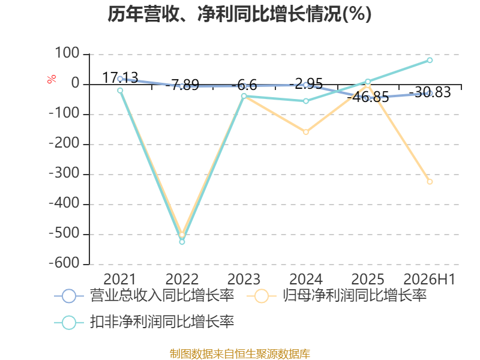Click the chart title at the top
pyautogui.click(x=239, y=14)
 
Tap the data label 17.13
pyautogui.click(x=120, y=78)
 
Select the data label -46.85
pyautogui.click(x=368, y=97)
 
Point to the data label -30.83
pyautogui.click(x=430, y=92)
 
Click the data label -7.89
pyautogui.click(x=182, y=85)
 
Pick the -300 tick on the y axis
pyautogui.click(x=64, y=173)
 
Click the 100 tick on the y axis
pyautogui.click(x=67, y=53)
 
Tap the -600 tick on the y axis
pyautogui.click(x=64, y=263)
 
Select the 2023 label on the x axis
pyautogui.click(x=244, y=280)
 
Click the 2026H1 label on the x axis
pyautogui.click(x=430, y=280)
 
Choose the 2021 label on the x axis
pyautogui.click(x=119, y=280)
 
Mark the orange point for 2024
pyautogui.click(x=306, y=132)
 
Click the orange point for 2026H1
pyautogui.click(x=430, y=182)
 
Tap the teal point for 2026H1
pyautogui.click(x=430, y=61)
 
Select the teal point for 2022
pyautogui.click(x=182, y=242)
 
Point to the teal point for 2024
pyautogui.click(x=306, y=101)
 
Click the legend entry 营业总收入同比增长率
pyautogui.click(x=144, y=296)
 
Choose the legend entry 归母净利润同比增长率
pyautogui.click(x=337, y=296)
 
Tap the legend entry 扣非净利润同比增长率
pyautogui.click(x=144, y=322)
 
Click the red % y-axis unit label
pyautogui.click(x=52, y=79)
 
